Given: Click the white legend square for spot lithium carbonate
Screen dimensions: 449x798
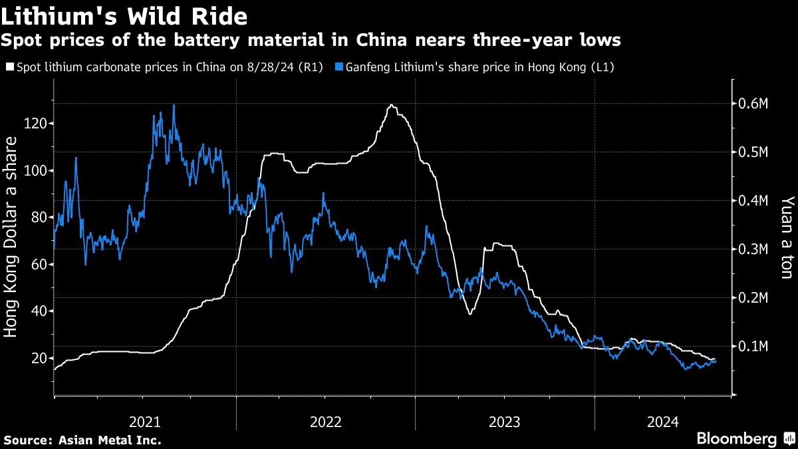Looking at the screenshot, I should [x=9, y=67].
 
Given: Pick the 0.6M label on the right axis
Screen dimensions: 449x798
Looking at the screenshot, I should [x=755, y=104].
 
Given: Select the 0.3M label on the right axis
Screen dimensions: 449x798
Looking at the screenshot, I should [x=755, y=249].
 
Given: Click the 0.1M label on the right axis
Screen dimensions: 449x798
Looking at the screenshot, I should [x=755, y=347].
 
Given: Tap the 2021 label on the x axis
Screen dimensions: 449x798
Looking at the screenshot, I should [x=144, y=421].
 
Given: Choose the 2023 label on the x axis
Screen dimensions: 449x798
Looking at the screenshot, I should [x=505, y=421].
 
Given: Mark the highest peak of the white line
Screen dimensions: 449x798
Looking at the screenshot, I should [x=391, y=105].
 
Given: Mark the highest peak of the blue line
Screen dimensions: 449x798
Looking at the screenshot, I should [x=174, y=105].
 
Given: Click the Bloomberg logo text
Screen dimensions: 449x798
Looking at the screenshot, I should [x=736, y=438].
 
